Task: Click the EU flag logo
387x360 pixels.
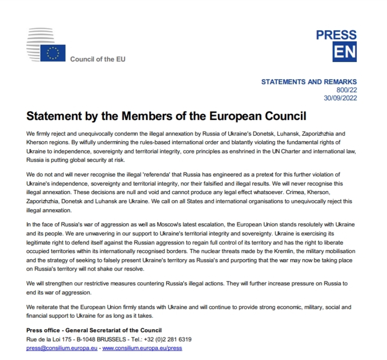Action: coord(53,52)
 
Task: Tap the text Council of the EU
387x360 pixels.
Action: coord(98,59)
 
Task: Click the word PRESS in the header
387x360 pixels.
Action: coord(336,35)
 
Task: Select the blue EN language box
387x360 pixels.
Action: coord(344,52)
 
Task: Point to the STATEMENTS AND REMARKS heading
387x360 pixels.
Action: coord(309,82)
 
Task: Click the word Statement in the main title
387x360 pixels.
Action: coord(54,117)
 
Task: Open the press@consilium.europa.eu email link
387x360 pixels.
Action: coord(62,348)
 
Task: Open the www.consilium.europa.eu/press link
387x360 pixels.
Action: coord(142,348)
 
